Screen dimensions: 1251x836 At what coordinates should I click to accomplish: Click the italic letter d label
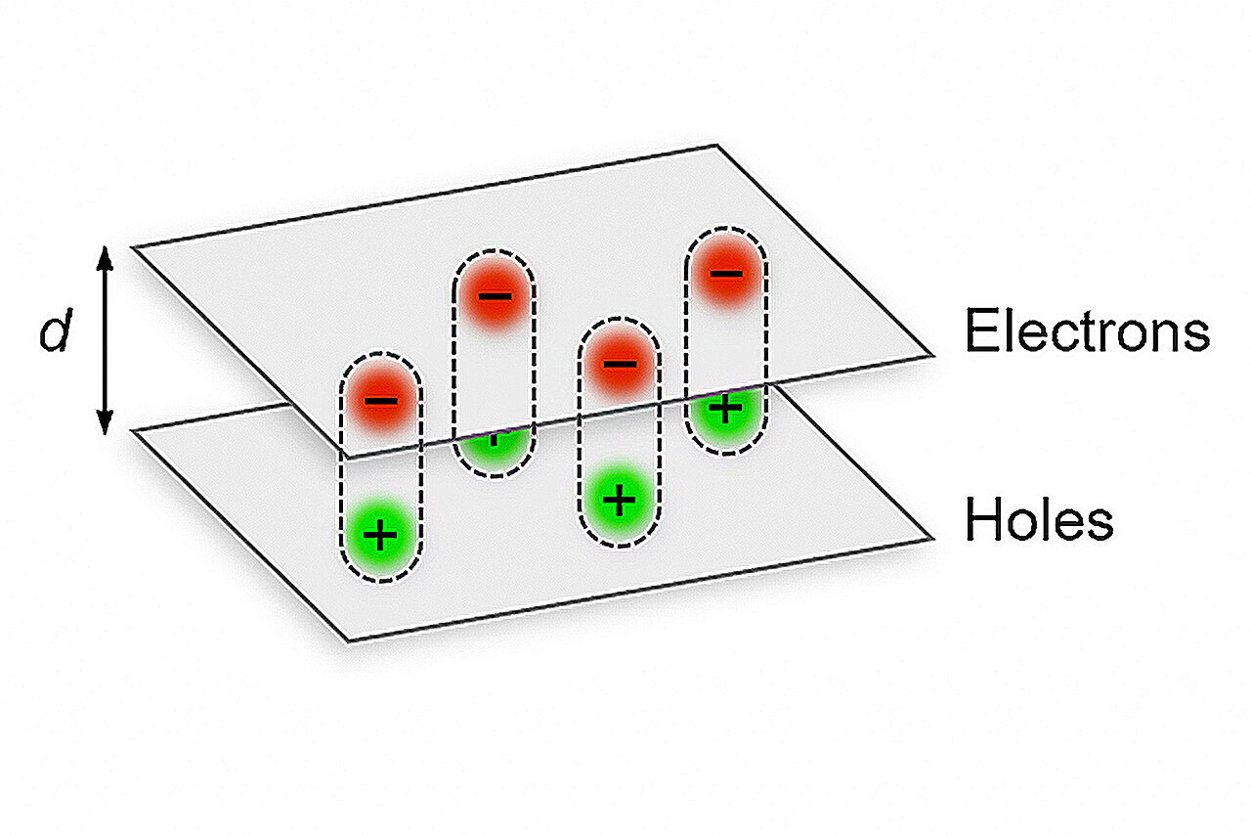tap(56, 330)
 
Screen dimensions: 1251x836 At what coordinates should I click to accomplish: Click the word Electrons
tap(1088, 330)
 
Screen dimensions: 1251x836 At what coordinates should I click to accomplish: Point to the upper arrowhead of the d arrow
tap(105, 257)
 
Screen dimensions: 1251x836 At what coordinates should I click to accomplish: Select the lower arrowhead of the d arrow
tap(105, 422)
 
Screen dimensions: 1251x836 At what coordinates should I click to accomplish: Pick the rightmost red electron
tap(726, 274)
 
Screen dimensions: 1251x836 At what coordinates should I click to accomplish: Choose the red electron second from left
tap(495, 295)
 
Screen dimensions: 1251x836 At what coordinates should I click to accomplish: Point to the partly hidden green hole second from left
tap(495, 450)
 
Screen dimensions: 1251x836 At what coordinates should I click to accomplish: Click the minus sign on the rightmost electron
tap(726, 274)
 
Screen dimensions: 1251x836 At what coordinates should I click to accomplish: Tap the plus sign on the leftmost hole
tap(380, 535)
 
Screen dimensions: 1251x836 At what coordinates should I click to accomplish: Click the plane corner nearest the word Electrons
tap(932, 355)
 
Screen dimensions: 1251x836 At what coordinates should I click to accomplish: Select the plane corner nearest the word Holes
tap(932, 539)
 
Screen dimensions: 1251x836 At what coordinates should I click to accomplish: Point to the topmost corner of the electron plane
tap(717, 146)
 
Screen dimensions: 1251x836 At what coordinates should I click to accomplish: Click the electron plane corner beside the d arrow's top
tap(134, 247)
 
